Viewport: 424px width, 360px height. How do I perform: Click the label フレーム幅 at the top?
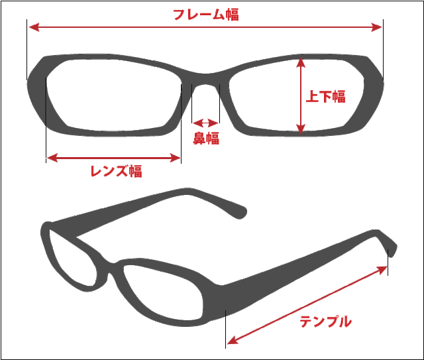pos(205,14)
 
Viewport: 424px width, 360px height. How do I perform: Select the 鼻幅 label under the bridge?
pos(206,139)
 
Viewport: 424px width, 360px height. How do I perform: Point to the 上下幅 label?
pos(325,96)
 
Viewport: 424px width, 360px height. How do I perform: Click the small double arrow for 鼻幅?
pos(205,123)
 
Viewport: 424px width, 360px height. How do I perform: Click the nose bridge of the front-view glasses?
pos(205,78)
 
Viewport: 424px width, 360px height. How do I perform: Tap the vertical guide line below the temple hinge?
pos(226,328)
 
